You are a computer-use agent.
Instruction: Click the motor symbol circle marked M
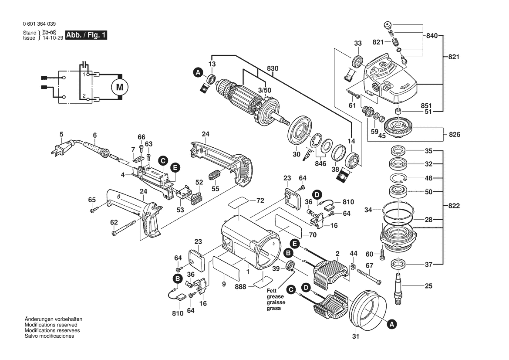tap(119, 87)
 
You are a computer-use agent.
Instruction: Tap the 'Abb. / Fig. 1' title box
tap(86, 35)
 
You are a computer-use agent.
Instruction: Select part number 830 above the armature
tap(273, 68)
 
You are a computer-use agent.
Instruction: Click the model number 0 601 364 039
tap(38, 24)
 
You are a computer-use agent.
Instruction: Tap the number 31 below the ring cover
tap(355, 336)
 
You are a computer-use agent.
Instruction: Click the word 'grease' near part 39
tap(275, 297)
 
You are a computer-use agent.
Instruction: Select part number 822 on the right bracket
tap(454, 206)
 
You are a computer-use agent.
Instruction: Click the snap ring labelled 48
tap(398, 178)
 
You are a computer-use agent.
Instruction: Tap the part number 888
tap(241, 286)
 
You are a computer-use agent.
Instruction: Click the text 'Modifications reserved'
tap(51, 325)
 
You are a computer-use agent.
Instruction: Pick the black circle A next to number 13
tap(198, 72)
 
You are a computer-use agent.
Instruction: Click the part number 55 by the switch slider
tap(215, 190)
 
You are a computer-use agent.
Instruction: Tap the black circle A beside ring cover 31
tap(391, 324)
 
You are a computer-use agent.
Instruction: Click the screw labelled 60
tap(382, 254)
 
